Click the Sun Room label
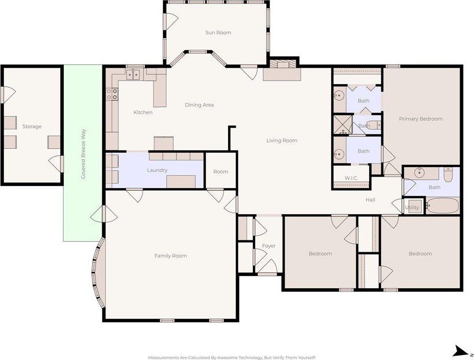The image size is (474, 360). [x=218, y=33]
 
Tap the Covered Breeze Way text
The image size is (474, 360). [x=83, y=154]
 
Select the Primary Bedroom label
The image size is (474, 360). [x=421, y=119]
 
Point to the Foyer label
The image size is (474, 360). [x=269, y=246]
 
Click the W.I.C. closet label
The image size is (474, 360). [x=351, y=178]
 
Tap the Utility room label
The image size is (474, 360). [x=412, y=208]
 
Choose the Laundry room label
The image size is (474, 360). [x=157, y=170]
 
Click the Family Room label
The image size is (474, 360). [x=171, y=256]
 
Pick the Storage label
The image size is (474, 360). [x=32, y=127]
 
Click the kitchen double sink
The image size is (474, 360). [x=133, y=74]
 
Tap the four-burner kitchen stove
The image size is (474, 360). [x=112, y=93]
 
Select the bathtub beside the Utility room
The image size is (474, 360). [x=443, y=206]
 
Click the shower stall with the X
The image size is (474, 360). [x=342, y=124]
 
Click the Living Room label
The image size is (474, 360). [x=282, y=140]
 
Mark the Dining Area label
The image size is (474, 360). [x=199, y=105]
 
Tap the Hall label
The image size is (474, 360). [x=370, y=200]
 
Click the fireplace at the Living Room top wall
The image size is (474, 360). [x=282, y=70]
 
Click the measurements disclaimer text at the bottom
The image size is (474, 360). [x=232, y=358]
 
